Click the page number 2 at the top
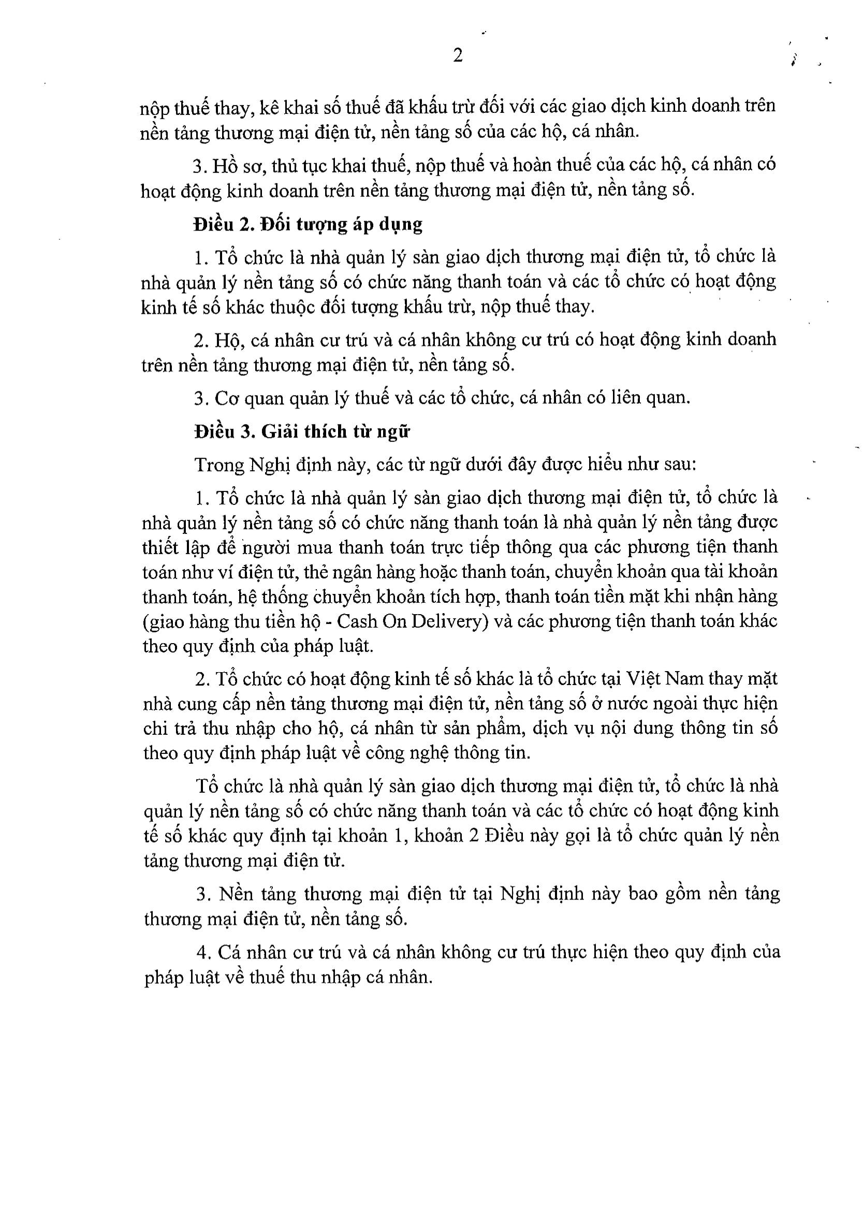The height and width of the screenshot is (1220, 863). (x=458, y=55)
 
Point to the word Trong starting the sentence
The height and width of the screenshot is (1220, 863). (x=218, y=464)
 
